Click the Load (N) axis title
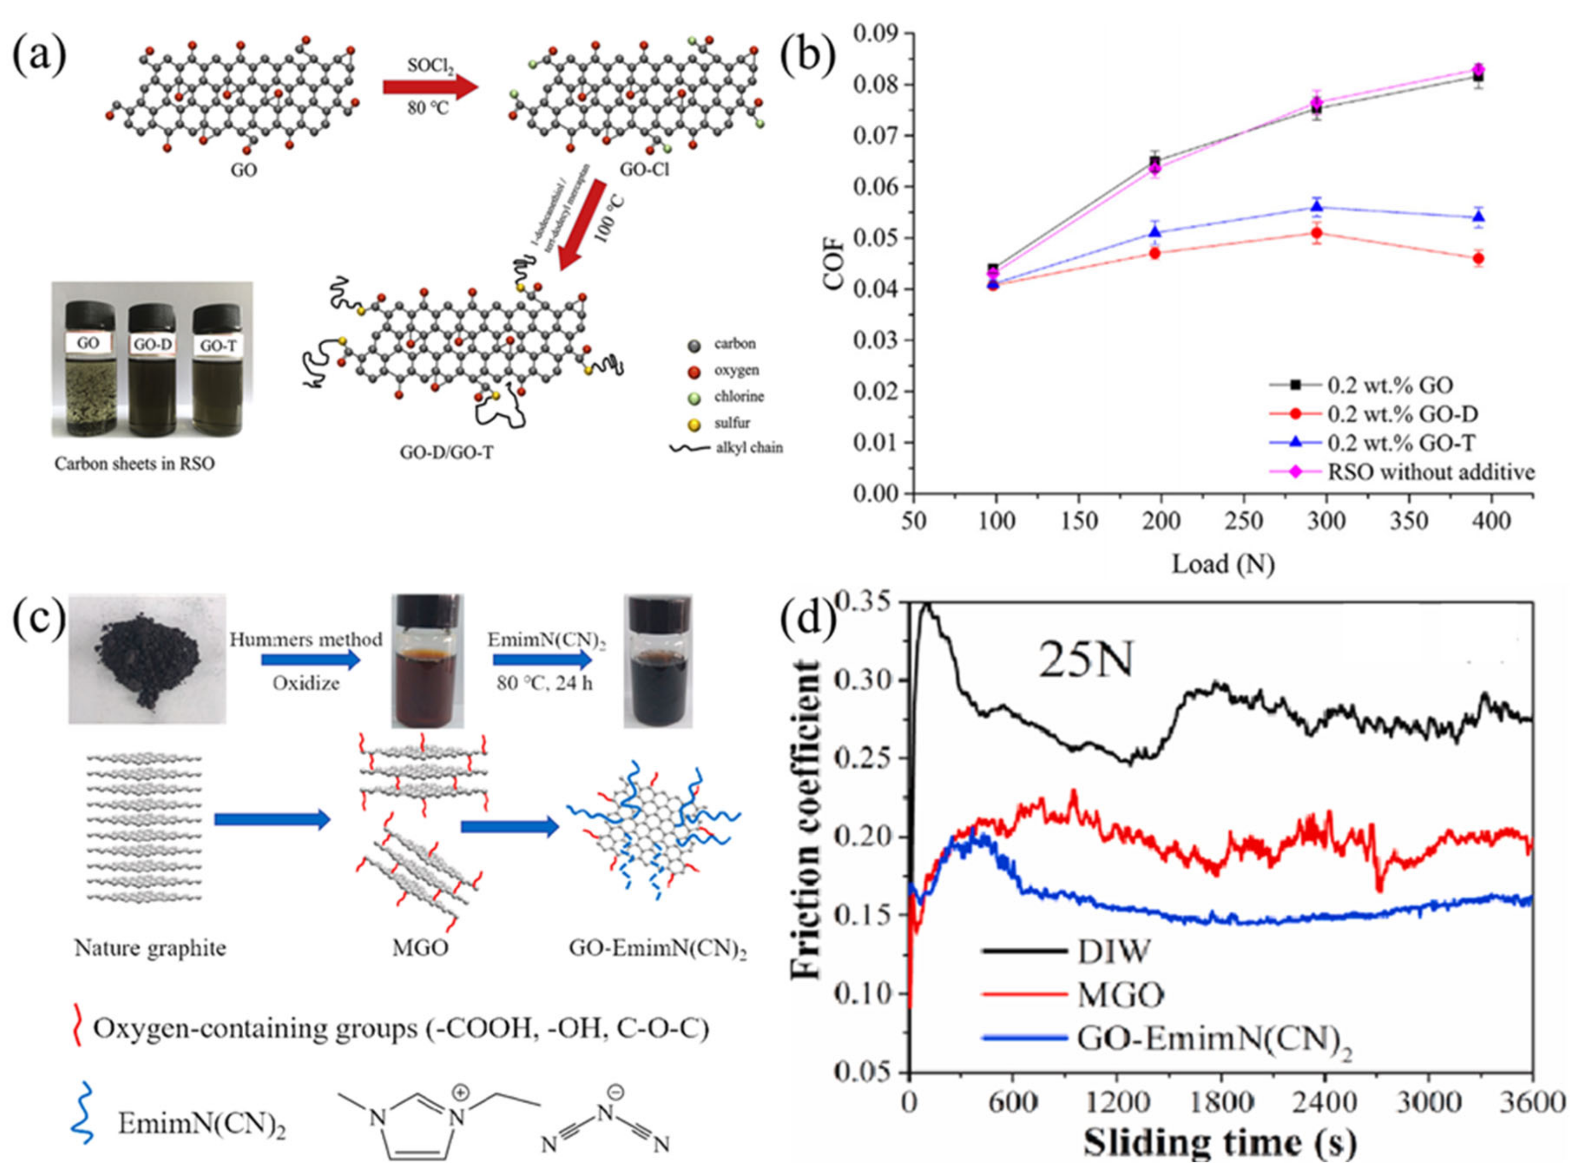click(1223, 563)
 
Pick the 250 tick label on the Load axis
click(1245, 521)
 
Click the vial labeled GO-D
click(152, 369)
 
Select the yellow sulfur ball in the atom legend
click(694, 424)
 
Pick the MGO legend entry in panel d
click(1121, 995)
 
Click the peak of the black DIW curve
click(926, 604)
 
